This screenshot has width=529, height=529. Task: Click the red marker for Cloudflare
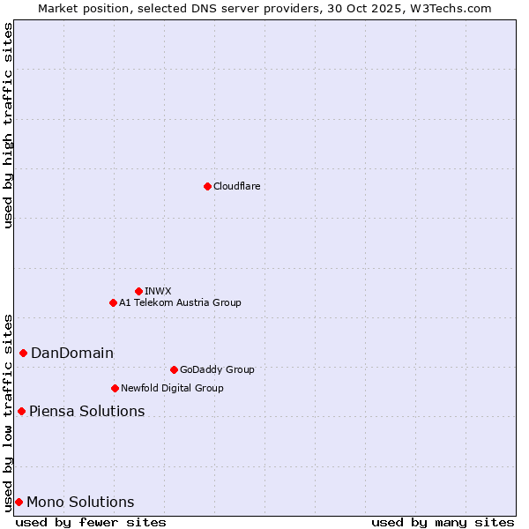pos(207,186)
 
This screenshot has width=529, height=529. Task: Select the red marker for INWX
pos(138,291)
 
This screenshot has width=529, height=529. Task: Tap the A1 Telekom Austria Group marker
pos(113,302)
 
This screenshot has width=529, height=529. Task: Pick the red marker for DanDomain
pos(23,353)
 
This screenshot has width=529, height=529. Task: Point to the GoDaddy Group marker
pos(174,369)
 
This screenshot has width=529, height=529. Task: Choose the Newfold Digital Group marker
pos(115,388)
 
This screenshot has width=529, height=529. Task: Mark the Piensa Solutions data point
pos(21,411)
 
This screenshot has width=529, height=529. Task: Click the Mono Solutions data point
pos(19,502)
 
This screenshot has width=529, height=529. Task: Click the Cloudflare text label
pos(236,186)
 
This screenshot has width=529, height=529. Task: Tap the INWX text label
pos(158,291)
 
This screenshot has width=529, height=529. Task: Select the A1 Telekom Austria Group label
pos(180,302)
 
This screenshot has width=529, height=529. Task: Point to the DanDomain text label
pos(72,354)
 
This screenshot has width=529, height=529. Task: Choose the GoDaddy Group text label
pos(217,369)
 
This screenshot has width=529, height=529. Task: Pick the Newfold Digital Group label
pos(172,388)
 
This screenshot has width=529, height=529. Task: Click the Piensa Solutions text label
pos(86,412)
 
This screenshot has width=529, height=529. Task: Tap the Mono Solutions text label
pos(80,503)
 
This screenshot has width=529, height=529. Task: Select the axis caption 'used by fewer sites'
pos(91,522)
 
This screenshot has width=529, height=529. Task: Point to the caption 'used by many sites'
pos(443,522)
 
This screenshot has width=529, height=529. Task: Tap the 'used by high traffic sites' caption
pos(8,125)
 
